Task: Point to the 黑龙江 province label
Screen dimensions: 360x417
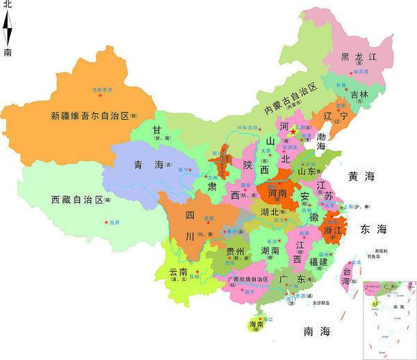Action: [x=358, y=57]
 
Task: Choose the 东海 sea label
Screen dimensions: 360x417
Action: [x=373, y=229]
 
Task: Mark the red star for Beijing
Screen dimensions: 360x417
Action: [x=294, y=131]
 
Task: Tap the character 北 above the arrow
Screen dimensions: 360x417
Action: [x=8, y=5]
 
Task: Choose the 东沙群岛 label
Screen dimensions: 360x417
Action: [x=319, y=303]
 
